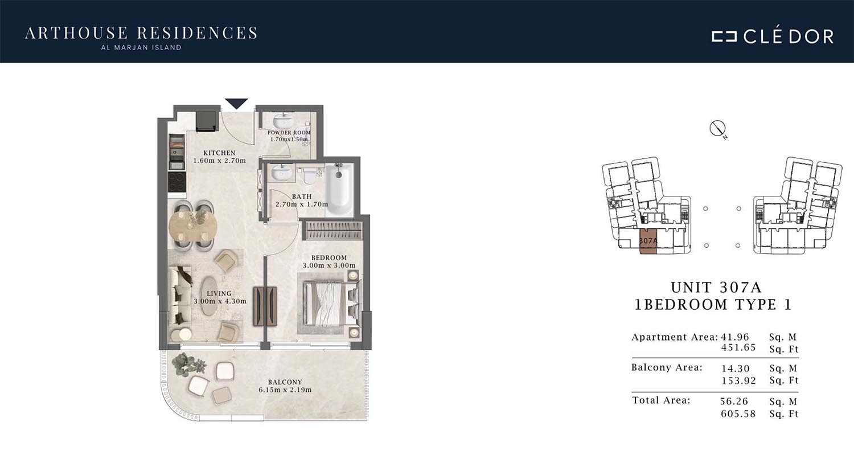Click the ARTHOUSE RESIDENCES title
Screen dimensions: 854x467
(141, 33)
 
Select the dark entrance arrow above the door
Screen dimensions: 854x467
(236, 104)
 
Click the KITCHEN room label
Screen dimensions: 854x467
(219, 153)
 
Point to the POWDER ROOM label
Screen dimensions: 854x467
(289, 133)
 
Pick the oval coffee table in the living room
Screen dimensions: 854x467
(210, 296)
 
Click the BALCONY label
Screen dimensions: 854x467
(285, 382)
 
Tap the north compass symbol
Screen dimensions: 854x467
(717, 129)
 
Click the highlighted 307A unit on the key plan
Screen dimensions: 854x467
(648, 241)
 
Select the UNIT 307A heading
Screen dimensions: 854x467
(716, 287)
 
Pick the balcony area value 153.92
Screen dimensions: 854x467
(738, 380)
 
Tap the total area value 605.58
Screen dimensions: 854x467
(738, 413)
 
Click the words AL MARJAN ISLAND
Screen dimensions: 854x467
(141, 48)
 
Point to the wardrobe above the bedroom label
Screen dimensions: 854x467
(333, 231)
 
